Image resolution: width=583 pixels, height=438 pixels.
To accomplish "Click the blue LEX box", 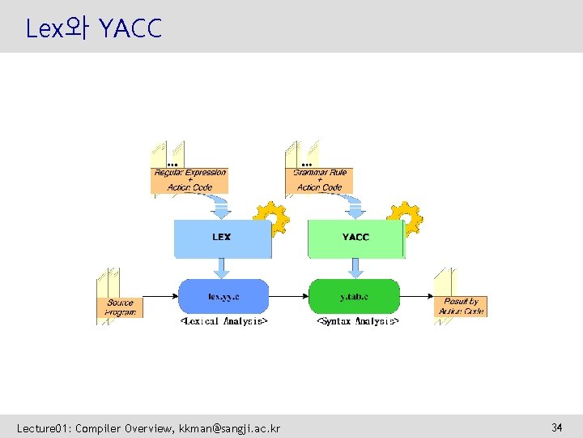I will tap(222, 238).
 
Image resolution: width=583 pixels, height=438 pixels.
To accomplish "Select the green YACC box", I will tap(355, 238).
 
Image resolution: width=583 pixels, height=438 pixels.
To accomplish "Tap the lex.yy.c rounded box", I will tap(223, 297).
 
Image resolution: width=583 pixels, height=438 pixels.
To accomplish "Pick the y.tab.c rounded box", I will tap(355, 297).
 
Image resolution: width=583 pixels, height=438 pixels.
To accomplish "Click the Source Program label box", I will tap(121, 307).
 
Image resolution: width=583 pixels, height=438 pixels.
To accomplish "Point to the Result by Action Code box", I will tap(462, 307).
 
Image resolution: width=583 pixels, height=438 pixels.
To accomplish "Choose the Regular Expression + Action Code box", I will tap(190, 180).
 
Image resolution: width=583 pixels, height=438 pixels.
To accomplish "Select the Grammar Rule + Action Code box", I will tap(320, 180).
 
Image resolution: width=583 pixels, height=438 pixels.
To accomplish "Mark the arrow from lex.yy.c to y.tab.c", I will tap(288, 297).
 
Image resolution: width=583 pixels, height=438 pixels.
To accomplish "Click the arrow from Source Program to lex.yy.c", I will tap(160, 297).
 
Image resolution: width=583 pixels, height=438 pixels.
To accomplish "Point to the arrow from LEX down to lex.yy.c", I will tap(220, 268).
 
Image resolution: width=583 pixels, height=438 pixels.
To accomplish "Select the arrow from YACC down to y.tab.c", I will tap(354, 268).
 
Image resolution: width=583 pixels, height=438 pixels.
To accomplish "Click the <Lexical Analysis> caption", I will tap(223, 321).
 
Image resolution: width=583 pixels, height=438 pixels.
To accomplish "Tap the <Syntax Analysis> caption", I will tap(356, 321).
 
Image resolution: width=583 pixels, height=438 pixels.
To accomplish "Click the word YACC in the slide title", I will tap(130, 29).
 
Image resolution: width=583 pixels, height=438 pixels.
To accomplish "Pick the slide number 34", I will tap(557, 427).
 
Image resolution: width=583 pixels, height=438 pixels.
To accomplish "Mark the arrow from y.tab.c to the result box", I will tap(417, 297).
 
